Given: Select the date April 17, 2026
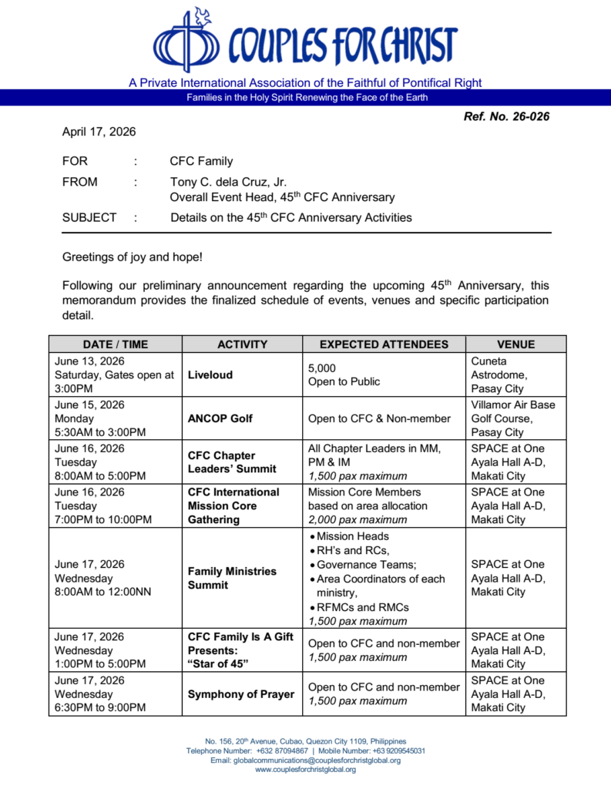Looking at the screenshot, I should [99, 132].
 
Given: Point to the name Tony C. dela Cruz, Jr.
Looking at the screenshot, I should [228, 183].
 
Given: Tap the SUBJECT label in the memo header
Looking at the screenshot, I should [89, 217].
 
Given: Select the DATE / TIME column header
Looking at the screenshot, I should [115, 344].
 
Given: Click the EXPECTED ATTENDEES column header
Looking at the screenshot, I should [384, 344].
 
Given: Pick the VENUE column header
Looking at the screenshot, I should [515, 344].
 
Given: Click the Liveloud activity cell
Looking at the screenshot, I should [210, 375].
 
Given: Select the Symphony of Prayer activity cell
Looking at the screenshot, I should [241, 694].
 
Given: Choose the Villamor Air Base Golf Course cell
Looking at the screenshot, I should [512, 418].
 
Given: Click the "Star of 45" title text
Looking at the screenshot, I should [217, 664].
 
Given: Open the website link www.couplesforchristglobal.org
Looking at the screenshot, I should [305, 770].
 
